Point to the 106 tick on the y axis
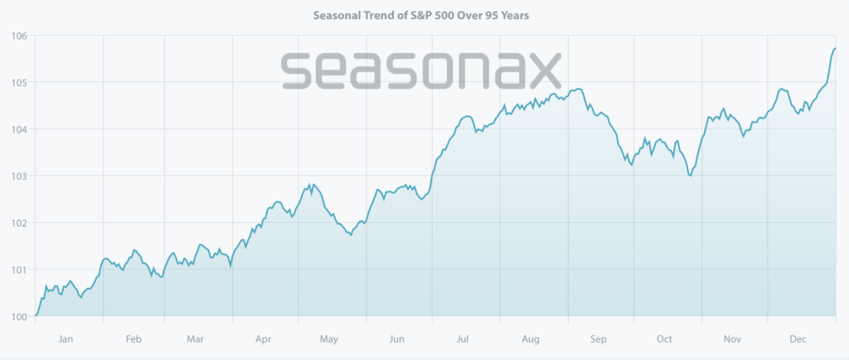coord(18,36)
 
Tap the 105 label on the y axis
coord(18,82)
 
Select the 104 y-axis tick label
coord(18,129)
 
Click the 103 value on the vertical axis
coord(18,176)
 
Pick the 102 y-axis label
coord(18,222)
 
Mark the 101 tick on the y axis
coord(18,270)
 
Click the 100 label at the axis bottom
coord(18,316)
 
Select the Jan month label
coord(66,338)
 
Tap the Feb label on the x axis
coord(133,338)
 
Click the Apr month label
coord(263,338)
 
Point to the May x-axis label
coord(328,338)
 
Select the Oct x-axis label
coord(665,338)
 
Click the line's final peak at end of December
coord(835,49)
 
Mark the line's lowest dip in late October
coord(690,175)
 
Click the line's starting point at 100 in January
coord(36,315)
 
